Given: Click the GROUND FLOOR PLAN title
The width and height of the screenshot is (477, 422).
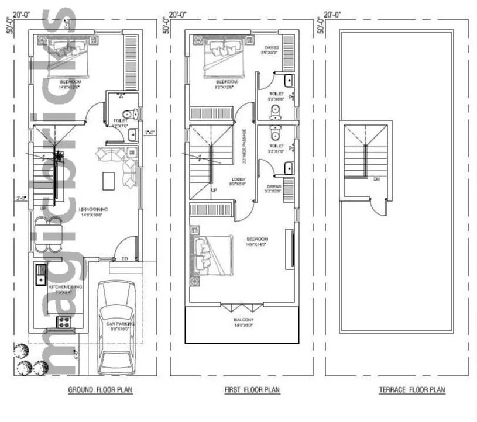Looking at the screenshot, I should [96, 390].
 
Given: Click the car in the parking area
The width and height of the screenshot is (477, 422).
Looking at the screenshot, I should [116, 327].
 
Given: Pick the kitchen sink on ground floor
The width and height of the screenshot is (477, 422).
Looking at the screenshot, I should [41, 274].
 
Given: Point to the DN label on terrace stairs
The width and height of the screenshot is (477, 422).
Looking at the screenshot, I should [377, 179].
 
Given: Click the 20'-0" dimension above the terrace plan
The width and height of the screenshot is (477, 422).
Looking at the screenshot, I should [332, 14].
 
